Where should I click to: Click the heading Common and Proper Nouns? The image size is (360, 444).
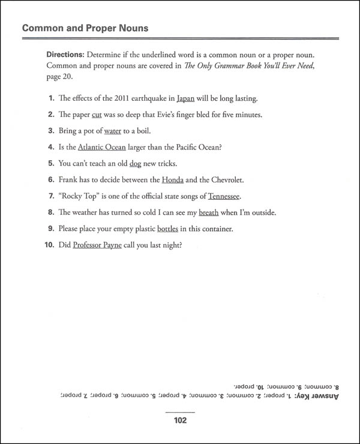pos(85,28)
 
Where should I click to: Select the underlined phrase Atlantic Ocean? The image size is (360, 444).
pos(102,147)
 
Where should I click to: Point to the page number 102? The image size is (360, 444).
pos(179,421)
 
